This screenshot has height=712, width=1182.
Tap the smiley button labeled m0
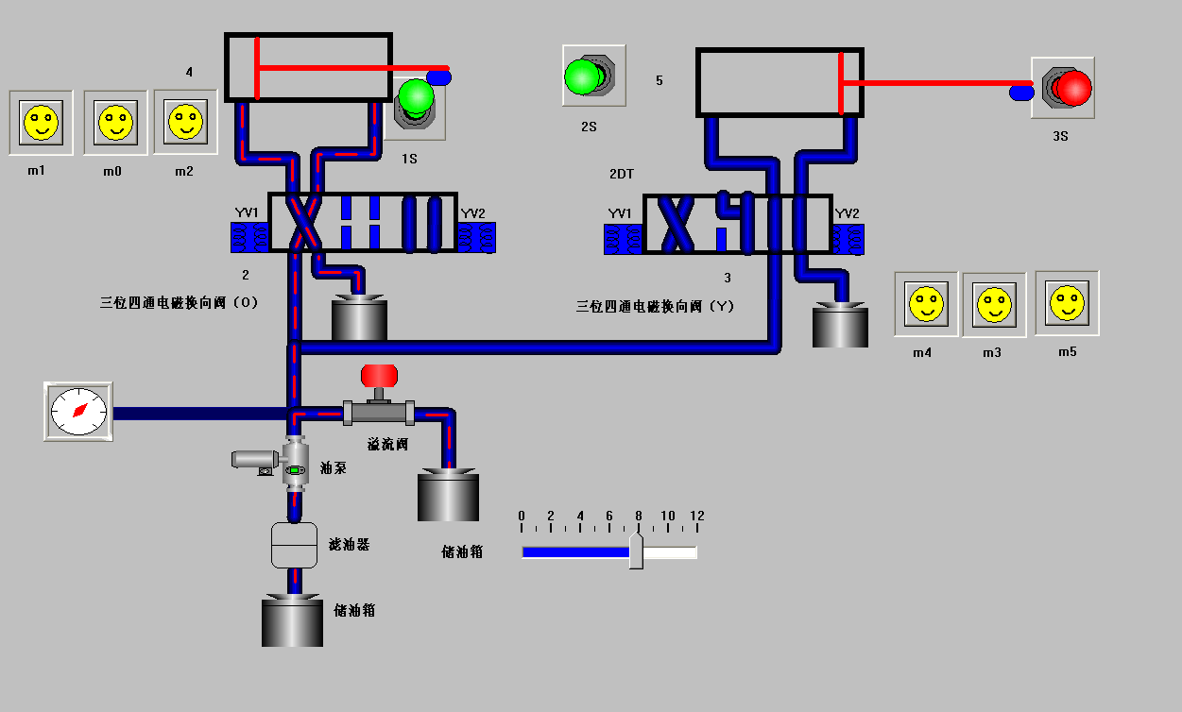115,123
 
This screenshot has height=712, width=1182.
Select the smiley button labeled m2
185,122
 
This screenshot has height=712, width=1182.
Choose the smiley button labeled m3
994,305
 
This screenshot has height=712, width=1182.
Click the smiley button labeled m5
1068,303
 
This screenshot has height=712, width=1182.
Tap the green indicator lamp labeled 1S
416,97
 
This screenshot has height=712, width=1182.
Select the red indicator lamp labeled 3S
1071,88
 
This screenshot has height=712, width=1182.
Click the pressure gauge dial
78,411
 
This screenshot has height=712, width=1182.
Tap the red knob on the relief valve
380,376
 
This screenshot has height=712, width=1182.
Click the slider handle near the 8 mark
637,551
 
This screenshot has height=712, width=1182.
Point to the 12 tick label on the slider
696,516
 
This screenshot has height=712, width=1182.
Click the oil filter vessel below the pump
294,545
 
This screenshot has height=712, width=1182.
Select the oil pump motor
252,460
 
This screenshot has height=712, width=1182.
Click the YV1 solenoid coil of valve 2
249,237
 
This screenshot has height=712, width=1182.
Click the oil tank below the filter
292,620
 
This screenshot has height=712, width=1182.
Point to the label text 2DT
622,175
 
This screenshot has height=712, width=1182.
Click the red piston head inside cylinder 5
841,83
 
